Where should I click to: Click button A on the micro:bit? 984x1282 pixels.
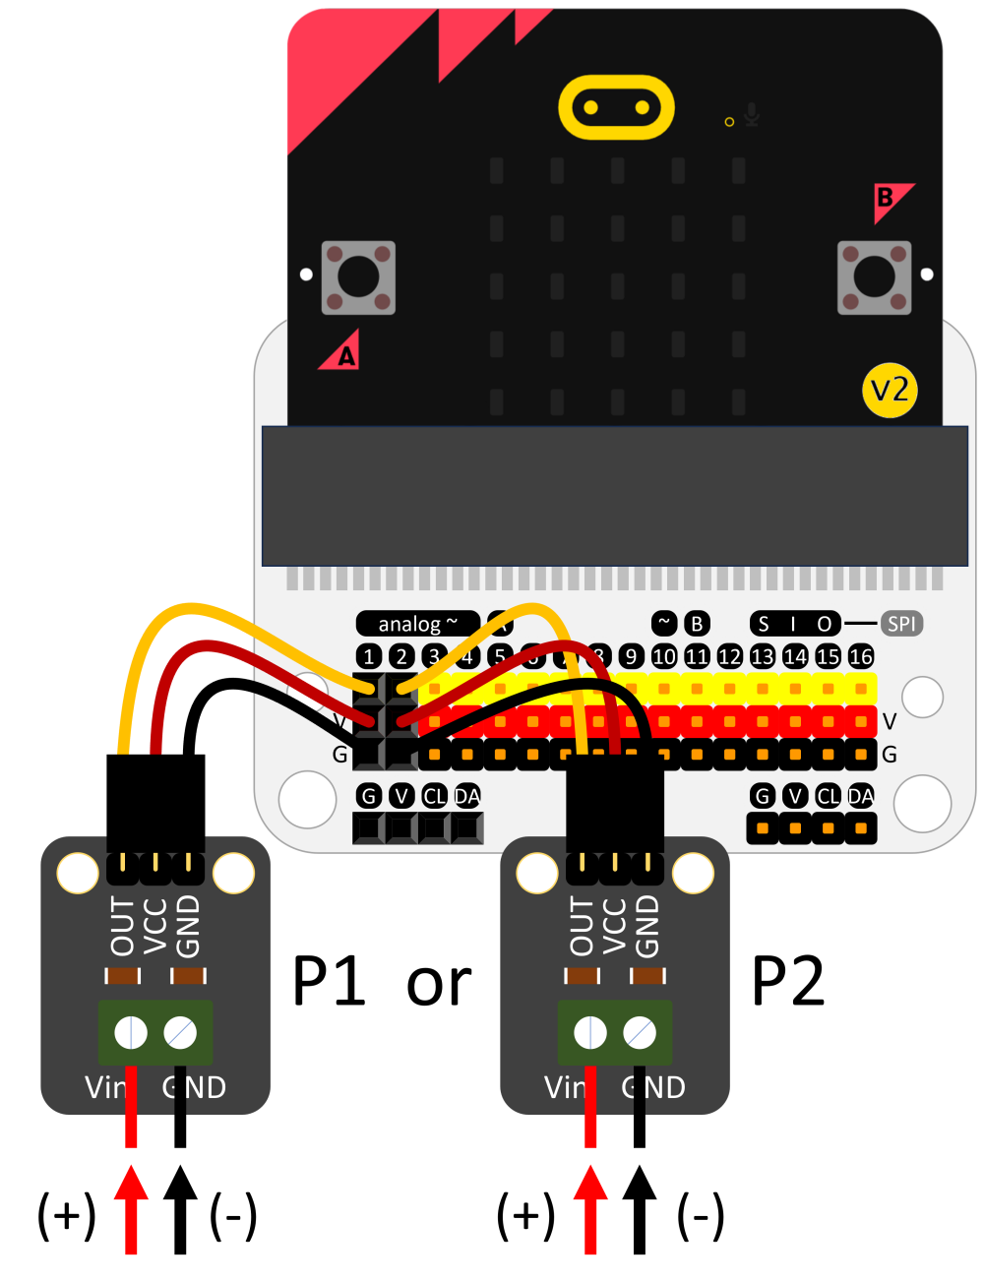pyautogui.click(x=358, y=277)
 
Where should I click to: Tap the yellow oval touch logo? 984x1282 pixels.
pyautogui.click(x=616, y=107)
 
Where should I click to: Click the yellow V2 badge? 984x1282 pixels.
pyautogui.click(x=890, y=391)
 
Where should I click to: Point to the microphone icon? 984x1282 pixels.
pyautogui.click(x=752, y=115)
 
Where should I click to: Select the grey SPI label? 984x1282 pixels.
pyautogui.click(x=901, y=623)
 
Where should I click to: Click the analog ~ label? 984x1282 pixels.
pyautogui.click(x=417, y=624)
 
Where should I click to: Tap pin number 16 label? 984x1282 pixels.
pyautogui.click(x=861, y=656)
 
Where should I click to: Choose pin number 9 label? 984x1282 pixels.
pyautogui.click(x=632, y=656)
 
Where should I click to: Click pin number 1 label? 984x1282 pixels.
pyautogui.click(x=368, y=656)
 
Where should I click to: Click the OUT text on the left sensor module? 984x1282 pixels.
pyautogui.click(x=123, y=926)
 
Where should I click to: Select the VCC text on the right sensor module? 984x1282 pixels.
pyautogui.click(x=614, y=926)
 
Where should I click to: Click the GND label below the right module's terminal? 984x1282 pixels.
pyautogui.click(x=653, y=1087)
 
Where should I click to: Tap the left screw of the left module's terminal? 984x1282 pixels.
pyautogui.click(x=131, y=1033)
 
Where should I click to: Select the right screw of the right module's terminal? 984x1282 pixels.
pyautogui.click(x=640, y=1033)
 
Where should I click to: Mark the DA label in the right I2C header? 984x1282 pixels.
pyautogui.click(x=861, y=796)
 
